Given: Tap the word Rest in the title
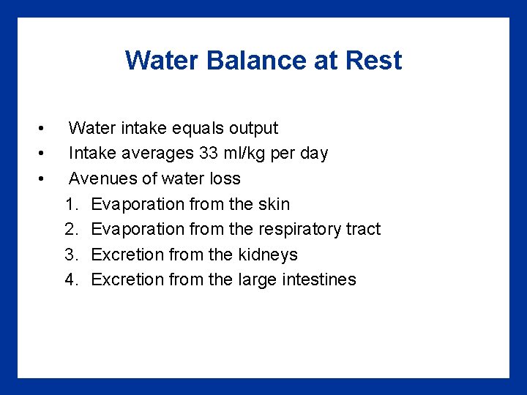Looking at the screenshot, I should [375, 60].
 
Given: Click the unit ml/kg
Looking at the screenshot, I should [247, 154].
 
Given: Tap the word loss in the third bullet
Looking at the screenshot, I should [225, 178].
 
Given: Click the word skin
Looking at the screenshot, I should [274, 204].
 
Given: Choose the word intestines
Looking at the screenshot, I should [321, 279].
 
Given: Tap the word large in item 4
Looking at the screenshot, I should [259, 279].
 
